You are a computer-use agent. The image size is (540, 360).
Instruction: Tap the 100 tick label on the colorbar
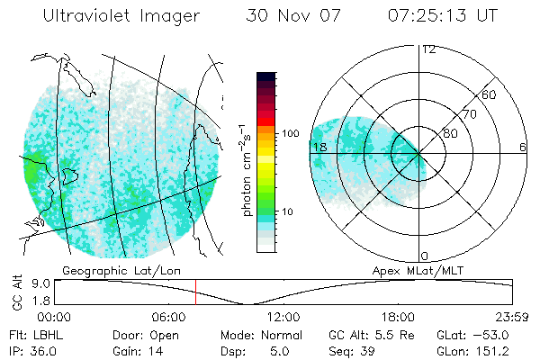point(290,132)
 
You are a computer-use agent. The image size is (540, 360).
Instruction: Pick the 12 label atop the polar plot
point(428,49)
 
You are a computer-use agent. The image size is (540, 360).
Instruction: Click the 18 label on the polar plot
point(319,147)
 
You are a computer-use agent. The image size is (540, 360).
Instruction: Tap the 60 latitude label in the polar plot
point(489,94)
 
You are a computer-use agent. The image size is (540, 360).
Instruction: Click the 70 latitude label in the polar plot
point(468,114)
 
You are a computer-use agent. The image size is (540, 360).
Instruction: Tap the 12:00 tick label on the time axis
point(284,316)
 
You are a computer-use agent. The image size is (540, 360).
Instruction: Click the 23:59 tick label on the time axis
point(511,316)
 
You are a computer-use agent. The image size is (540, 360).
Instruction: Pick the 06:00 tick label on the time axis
point(170,316)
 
